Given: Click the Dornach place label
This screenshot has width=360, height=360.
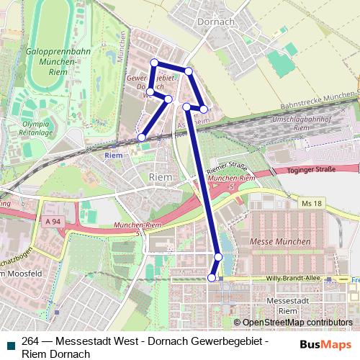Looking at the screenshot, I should [x=215, y=22].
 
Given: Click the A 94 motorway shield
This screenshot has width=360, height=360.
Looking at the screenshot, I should [x=50, y=221].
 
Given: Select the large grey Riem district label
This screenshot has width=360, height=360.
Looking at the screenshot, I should [x=159, y=177].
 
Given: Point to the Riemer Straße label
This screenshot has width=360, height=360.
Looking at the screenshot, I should [x=221, y=168].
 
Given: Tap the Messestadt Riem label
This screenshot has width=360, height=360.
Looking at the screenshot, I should [x=277, y=305].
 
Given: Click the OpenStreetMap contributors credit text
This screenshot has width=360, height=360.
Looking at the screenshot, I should [x=297, y=323].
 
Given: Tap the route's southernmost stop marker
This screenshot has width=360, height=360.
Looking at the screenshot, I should [x=212, y=277].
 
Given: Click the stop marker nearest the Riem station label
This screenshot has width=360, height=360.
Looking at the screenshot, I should [x=142, y=137].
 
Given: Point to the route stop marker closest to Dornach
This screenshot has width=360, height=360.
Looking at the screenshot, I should [x=188, y=71].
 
